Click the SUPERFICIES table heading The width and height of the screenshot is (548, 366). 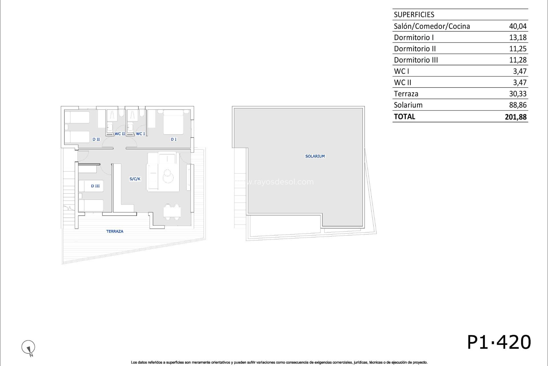coord(414,15)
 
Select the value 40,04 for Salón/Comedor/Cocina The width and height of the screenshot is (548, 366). coord(518,26)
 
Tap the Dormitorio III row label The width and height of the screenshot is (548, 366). coord(416,60)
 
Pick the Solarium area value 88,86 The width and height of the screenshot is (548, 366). coord(518,105)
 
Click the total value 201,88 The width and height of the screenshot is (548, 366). coord(515,117)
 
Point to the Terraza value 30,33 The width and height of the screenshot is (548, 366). coord(518,94)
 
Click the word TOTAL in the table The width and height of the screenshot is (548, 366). coord(404,117)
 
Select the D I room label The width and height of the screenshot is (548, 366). coord(174,139)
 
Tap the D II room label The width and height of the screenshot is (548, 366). coord(96,139)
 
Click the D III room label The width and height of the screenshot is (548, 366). coord(95,186)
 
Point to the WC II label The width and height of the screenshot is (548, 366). coord(120,134)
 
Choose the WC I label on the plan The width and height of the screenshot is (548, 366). coord(140,134)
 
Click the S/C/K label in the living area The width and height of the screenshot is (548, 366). coord(135,179)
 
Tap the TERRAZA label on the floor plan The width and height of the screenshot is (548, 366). coord(115,231)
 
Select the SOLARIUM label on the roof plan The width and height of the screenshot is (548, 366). coord(315,156)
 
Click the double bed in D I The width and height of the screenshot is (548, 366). coord(173,122)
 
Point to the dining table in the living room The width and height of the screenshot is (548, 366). coord(172,212)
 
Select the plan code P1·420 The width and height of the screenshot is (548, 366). coord(499,342)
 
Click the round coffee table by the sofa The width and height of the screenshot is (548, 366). coord(168,176)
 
